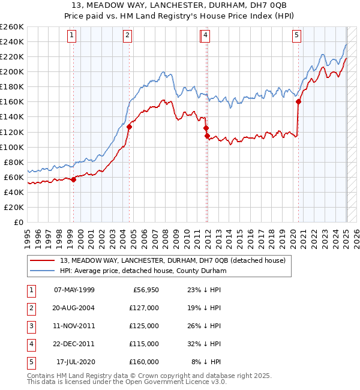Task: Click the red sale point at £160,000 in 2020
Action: coord(299,101)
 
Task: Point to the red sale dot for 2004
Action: coord(129,127)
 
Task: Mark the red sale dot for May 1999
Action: coord(73,179)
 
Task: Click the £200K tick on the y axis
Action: coord(13,71)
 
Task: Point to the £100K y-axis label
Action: coord(13,147)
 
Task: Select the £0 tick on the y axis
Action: coord(18,222)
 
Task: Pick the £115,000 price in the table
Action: coord(144,344)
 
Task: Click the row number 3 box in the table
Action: coord(31,326)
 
